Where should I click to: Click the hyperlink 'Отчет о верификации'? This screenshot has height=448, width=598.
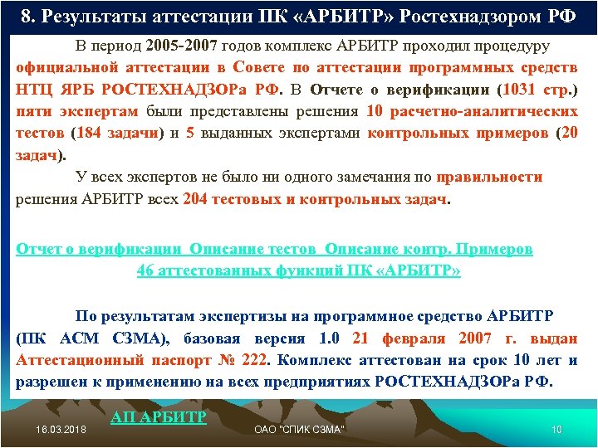pyautogui.click(x=99, y=249)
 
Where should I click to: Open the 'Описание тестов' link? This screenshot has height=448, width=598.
pyautogui.click(x=252, y=249)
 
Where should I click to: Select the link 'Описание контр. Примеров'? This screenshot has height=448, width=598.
pyautogui.click(x=429, y=249)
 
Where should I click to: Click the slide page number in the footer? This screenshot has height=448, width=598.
pyautogui.click(x=556, y=429)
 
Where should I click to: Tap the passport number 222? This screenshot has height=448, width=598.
pyautogui.click(x=252, y=361)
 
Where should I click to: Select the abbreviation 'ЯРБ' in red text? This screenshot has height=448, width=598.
pyautogui.click(x=76, y=89)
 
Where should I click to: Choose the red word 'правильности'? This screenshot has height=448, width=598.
pyautogui.click(x=490, y=177)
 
